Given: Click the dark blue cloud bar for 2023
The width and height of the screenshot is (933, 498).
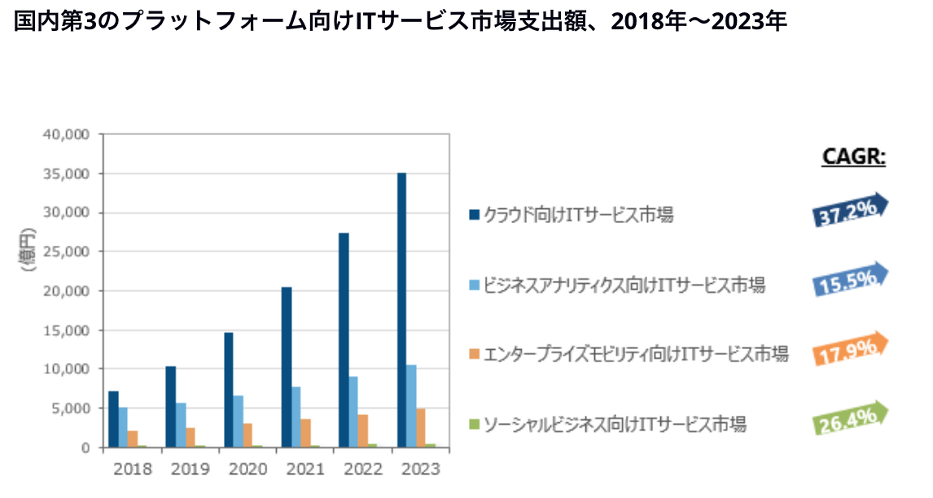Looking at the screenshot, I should tap(401, 310).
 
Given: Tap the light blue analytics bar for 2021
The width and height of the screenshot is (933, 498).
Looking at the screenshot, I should tap(296, 417).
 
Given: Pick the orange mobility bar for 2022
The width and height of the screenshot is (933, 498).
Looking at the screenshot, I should tap(362, 430).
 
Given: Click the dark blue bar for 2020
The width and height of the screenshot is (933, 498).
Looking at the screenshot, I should tap(229, 390).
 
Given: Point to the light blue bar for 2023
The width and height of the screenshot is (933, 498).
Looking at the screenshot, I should tap(411, 406).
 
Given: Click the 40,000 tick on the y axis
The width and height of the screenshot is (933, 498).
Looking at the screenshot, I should tap(71, 134).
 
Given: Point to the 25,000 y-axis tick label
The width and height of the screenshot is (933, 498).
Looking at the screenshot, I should tap(71, 251).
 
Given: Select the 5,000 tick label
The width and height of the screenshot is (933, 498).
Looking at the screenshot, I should tap(74, 408).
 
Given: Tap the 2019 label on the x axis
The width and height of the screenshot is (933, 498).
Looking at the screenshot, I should tap(190, 470).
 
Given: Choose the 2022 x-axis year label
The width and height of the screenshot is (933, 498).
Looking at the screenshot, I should tap(362, 470).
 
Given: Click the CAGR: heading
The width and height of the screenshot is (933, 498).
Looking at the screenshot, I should tap(852, 156).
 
